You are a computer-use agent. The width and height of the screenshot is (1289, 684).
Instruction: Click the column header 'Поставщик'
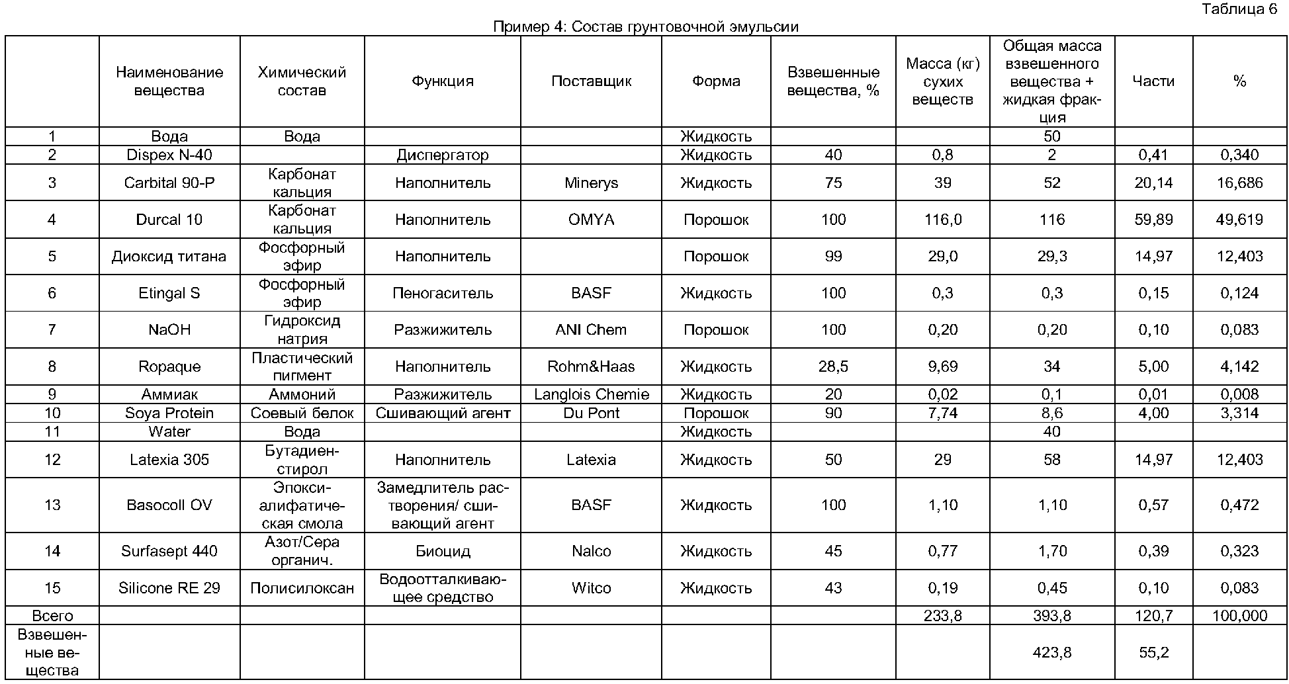coord(591,81)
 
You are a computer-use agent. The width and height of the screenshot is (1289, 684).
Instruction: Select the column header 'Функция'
coord(443,81)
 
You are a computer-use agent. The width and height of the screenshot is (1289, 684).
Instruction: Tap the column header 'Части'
coord(1153,81)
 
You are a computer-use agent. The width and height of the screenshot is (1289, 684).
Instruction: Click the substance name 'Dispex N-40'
coord(169,155)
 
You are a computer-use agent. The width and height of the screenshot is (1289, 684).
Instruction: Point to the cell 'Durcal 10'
coord(169,220)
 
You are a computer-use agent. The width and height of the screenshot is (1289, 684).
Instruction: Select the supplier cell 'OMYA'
coord(591,220)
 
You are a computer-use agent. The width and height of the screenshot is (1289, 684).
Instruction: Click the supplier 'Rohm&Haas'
coord(591,366)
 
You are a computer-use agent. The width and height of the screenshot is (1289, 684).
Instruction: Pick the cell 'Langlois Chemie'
coord(591,394)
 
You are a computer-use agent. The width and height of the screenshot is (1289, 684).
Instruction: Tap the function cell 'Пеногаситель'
coord(443,293)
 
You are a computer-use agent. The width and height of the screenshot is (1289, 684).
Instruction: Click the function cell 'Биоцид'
coord(443,551)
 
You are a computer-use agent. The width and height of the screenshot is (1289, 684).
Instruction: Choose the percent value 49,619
coord(1239,220)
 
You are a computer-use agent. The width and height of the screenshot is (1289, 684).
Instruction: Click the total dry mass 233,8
coord(942,616)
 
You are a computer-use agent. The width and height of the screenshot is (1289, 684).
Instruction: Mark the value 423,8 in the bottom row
coord(1051,653)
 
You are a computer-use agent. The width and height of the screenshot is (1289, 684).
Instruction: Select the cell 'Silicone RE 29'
coord(169,588)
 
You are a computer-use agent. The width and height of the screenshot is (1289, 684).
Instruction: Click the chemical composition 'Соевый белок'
coord(302,413)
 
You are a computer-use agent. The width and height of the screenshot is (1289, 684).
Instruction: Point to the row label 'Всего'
coord(52,616)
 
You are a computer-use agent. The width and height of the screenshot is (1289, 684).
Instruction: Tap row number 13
coord(52,505)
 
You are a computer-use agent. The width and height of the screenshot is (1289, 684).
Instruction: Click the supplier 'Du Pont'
coord(591,413)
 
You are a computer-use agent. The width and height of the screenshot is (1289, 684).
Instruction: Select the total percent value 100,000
coord(1239,616)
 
